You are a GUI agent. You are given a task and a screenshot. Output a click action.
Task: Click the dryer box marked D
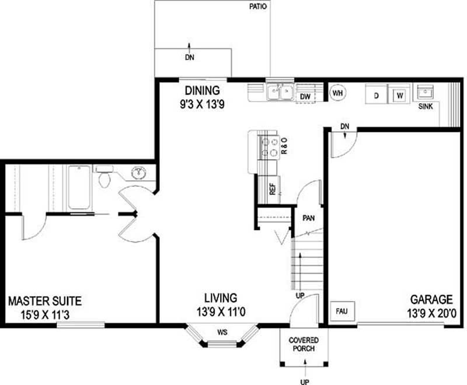(x=377, y=94)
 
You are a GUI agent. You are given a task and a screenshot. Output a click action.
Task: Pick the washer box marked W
(x=399, y=94)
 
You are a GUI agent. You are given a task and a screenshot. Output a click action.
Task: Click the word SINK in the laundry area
(x=425, y=107)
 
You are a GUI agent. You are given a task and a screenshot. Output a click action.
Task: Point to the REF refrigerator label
(x=272, y=190)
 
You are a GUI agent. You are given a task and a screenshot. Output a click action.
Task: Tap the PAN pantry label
(x=309, y=218)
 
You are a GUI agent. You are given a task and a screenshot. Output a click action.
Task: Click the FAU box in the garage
(x=341, y=311)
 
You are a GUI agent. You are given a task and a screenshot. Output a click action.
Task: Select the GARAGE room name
(x=431, y=300)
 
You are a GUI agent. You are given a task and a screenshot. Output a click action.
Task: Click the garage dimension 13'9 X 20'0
(x=431, y=313)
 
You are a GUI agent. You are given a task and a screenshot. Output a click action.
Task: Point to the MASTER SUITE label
(x=45, y=302)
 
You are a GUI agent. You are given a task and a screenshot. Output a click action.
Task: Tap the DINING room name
(x=202, y=90)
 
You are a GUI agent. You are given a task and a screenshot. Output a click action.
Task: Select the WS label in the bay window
(x=222, y=333)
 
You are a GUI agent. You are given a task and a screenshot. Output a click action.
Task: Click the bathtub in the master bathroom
(x=79, y=187)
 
